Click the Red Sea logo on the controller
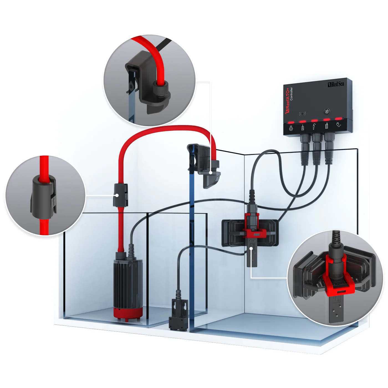[x=336, y=84]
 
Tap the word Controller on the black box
[x=291, y=94]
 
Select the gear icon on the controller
[x=291, y=128]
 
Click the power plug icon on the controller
[x=339, y=125]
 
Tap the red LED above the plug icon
[x=338, y=119]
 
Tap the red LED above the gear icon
[x=291, y=122]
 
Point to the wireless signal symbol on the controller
[x=302, y=114]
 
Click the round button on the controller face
[x=326, y=111]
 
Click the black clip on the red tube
[x=120, y=195]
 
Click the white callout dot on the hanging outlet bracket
[x=210, y=173]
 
